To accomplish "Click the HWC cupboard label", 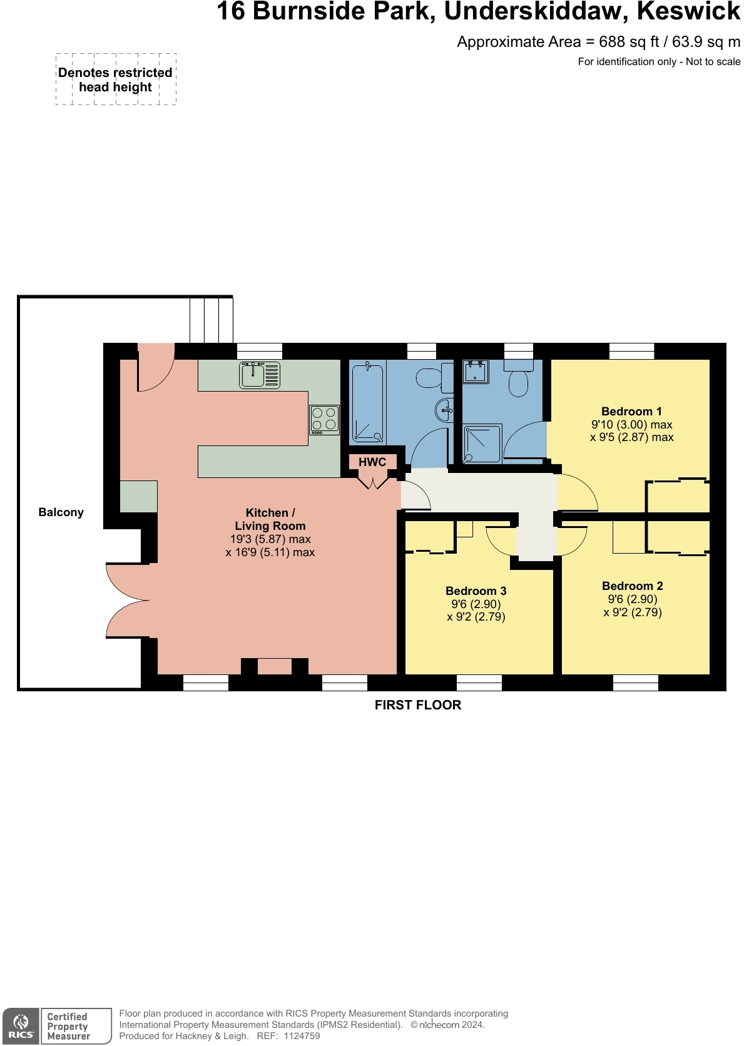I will [372, 462].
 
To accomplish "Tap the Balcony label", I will [61, 512].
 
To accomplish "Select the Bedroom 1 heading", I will [631, 411].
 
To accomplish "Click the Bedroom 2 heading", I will [632, 586].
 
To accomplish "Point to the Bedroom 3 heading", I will [476, 591].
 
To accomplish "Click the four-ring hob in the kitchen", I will [324, 420].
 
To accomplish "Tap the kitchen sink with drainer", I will [259, 375].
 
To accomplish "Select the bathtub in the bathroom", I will [367, 403].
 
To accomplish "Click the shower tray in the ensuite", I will [482, 444].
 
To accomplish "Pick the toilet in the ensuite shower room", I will [518, 379].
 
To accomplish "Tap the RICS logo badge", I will [21, 1026].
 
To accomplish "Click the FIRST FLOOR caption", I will [417, 705].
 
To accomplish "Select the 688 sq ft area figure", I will [628, 42].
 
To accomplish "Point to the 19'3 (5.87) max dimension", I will [270, 539].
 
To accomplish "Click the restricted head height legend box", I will [116, 79].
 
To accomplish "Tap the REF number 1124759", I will [302, 1036].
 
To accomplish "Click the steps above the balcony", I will [211, 320].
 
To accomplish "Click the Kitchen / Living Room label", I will [270, 519].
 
